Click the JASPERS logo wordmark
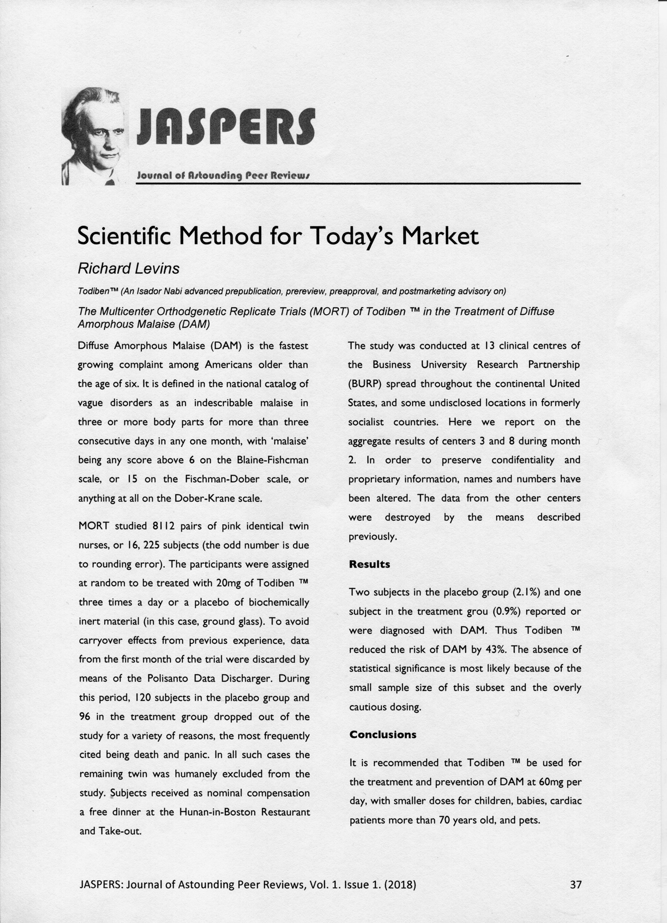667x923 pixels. [226, 126]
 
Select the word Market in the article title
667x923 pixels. [440, 236]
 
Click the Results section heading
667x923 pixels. [369, 564]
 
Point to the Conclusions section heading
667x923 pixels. [383, 735]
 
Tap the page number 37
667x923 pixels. [576, 885]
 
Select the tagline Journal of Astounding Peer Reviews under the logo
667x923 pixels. [222, 176]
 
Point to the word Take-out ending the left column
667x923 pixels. [111, 831]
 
